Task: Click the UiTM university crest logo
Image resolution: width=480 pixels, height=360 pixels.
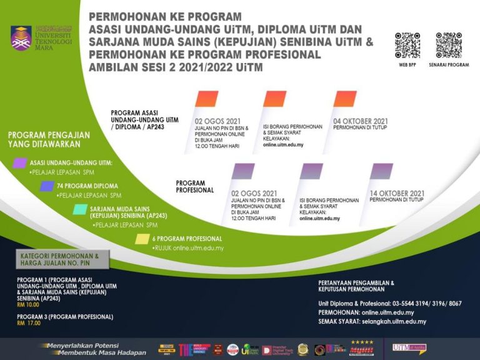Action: click(x=21, y=37)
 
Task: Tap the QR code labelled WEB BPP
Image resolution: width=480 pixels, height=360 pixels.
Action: click(x=407, y=46)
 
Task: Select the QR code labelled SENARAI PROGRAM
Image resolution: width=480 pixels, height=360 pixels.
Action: click(x=448, y=46)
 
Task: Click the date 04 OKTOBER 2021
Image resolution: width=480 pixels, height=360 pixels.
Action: click(x=361, y=121)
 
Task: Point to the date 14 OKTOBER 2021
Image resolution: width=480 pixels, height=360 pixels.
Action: click(x=397, y=192)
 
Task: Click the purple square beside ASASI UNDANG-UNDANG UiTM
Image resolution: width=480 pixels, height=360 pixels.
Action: click(x=20, y=163)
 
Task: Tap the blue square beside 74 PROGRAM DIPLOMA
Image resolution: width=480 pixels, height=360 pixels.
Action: click(x=46, y=186)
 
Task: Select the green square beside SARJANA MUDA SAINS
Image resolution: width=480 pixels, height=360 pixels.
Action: click(x=79, y=209)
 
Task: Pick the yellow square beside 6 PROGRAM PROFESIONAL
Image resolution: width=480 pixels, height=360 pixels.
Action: click(x=142, y=238)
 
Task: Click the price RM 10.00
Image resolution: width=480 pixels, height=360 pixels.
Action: click(x=28, y=304)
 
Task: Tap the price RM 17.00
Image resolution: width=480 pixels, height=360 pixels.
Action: click(x=28, y=323)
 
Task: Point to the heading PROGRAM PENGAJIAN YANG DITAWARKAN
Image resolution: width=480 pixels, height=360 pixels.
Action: click(x=49, y=139)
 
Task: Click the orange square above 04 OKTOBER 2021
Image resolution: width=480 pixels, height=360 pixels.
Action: click(x=345, y=99)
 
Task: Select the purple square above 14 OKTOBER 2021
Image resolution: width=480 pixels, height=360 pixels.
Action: click(x=381, y=171)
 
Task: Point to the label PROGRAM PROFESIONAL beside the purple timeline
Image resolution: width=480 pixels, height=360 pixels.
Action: click(x=195, y=186)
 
